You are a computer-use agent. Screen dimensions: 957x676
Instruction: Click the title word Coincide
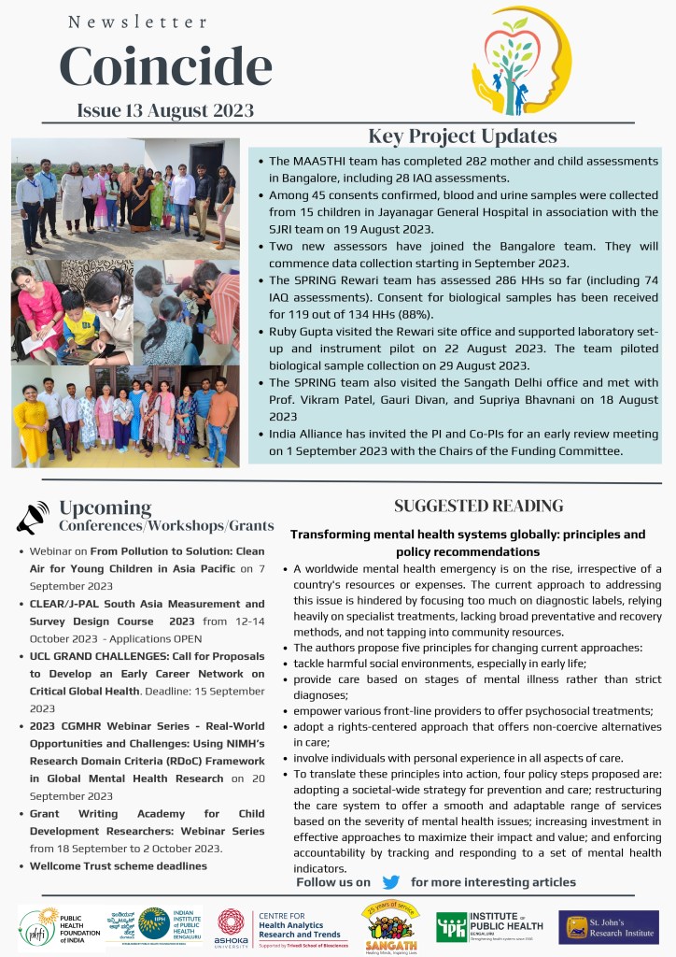coord(166,65)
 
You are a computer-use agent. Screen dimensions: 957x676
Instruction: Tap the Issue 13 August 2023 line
coord(165,110)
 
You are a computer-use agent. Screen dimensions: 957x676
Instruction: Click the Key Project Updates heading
coord(462,136)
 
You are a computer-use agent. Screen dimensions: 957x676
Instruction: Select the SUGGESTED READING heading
coord(478,506)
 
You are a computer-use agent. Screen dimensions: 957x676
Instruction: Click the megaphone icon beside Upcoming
coord(32,517)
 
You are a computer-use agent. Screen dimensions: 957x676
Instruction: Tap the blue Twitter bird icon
coord(390,882)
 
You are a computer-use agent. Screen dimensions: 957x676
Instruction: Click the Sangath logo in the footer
coord(389,925)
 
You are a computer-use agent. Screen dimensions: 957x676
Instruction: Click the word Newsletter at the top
coord(137,21)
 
